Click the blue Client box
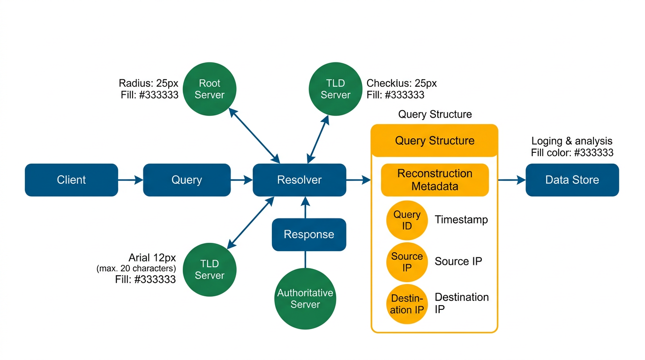tap(71, 180)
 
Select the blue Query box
tap(187, 180)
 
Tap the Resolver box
tap(300, 180)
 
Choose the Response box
tap(309, 234)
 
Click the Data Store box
tap(572, 180)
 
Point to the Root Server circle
tap(210, 89)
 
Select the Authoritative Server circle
tap(305, 299)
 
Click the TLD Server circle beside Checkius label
tap(336, 89)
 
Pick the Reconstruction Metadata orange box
tap(435, 180)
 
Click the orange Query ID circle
tap(407, 220)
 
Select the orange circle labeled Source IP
tap(407, 262)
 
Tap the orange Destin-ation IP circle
tap(407, 304)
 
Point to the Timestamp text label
tap(461, 220)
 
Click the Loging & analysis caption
tap(571, 141)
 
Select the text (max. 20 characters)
tap(136, 269)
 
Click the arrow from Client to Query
tap(130, 180)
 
